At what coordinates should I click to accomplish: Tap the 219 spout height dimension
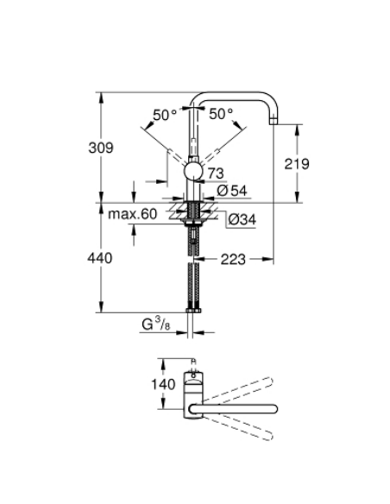coord(295,163)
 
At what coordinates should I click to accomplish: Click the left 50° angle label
coord(165,113)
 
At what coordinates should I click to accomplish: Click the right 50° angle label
coord(220,113)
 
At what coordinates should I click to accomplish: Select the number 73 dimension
coord(216,174)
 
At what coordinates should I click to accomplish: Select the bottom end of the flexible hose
coord(195,308)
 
